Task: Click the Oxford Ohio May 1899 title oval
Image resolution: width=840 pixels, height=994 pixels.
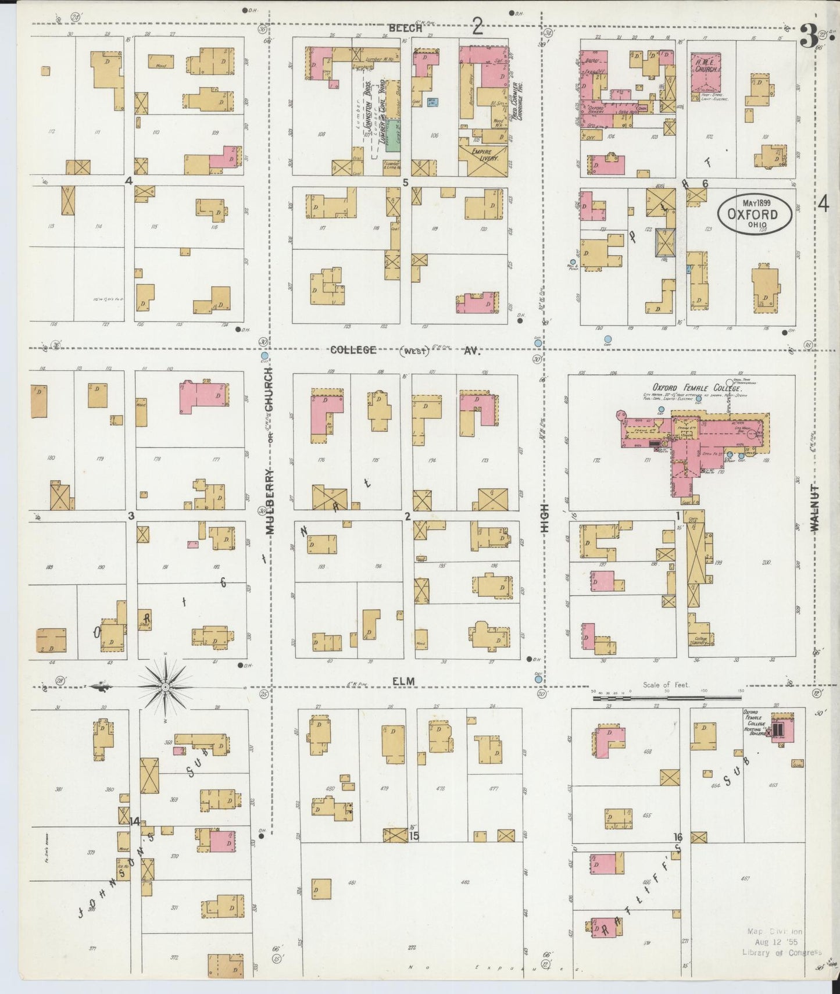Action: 755,213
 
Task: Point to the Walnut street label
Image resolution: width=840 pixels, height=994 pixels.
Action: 814,507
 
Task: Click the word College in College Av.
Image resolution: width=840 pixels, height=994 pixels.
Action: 353,351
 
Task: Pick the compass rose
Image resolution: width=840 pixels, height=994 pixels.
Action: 166,687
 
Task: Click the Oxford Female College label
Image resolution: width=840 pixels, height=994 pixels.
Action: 696,388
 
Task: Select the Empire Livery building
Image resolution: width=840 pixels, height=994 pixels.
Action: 482,160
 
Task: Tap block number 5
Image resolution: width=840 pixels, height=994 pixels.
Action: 406,183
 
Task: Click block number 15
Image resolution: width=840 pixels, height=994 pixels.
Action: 414,836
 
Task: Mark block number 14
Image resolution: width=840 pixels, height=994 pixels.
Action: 135,821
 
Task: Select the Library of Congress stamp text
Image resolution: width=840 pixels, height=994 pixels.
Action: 781,952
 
